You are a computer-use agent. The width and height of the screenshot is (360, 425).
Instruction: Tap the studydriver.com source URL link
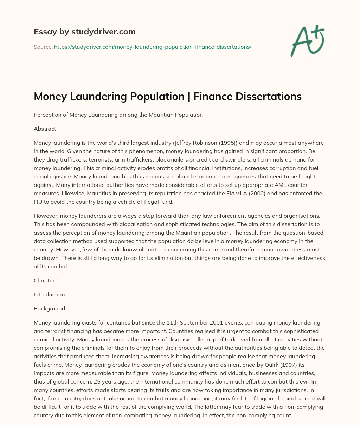tap(153, 47)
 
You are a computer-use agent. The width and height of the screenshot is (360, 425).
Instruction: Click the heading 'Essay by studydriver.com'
tap(85, 32)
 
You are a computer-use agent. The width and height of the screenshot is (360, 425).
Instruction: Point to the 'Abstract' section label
tap(45, 129)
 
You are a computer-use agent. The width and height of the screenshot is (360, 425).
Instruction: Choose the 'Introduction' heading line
tap(49, 294)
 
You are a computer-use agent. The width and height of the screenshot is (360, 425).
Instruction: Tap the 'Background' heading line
tap(49, 308)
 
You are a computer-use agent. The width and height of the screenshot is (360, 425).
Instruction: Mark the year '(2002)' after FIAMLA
tap(239, 194)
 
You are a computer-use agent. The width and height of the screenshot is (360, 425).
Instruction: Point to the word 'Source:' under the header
tap(43, 47)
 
